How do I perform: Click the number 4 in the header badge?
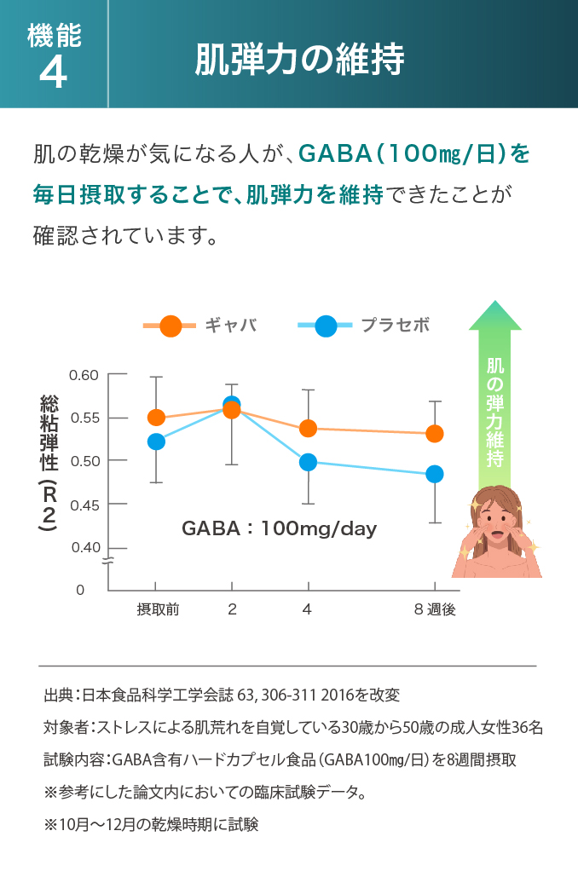(x=53, y=75)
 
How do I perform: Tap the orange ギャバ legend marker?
(x=171, y=326)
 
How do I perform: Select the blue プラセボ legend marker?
(x=326, y=326)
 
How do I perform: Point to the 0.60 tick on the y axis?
(x=84, y=374)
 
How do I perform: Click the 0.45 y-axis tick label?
(x=84, y=505)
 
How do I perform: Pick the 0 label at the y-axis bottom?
(x=80, y=590)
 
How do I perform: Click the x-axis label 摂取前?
(x=158, y=609)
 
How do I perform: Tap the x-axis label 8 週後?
(x=435, y=609)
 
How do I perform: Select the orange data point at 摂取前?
(x=156, y=417)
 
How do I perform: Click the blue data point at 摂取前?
(x=156, y=441)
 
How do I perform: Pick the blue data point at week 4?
(x=308, y=463)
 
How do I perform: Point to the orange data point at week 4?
(x=308, y=428)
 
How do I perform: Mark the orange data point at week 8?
(x=435, y=434)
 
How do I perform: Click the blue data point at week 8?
(x=435, y=474)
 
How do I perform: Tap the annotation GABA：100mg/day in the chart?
(x=279, y=528)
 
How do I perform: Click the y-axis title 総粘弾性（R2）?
(x=49, y=464)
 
